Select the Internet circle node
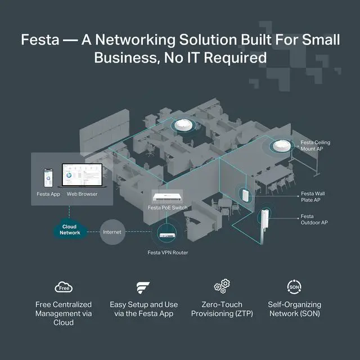pos(112,232)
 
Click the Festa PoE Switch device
pos(169,197)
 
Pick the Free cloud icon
pos(63,287)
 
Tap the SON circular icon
pos(294,287)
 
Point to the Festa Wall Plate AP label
pos(313,197)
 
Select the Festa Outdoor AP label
pos(314,219)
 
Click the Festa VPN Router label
pos(168,253)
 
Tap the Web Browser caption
pos(82,194)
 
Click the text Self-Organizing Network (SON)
pos(294,309)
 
